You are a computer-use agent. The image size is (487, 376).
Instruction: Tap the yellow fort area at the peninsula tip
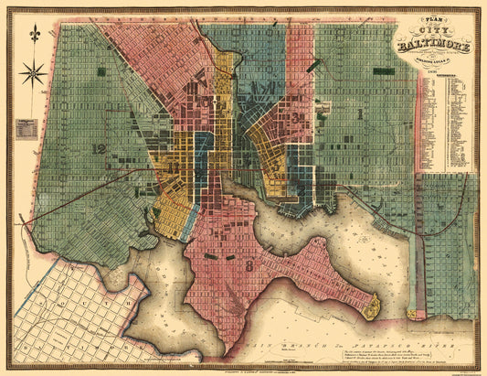(371, 306)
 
